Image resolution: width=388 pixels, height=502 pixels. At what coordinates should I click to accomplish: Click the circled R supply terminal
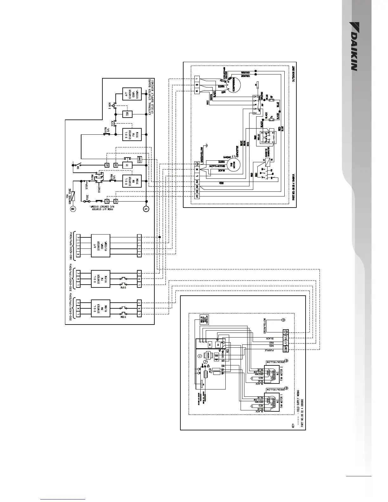coord(73,209)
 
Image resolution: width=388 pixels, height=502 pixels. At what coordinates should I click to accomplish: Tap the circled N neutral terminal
coord(146,209)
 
